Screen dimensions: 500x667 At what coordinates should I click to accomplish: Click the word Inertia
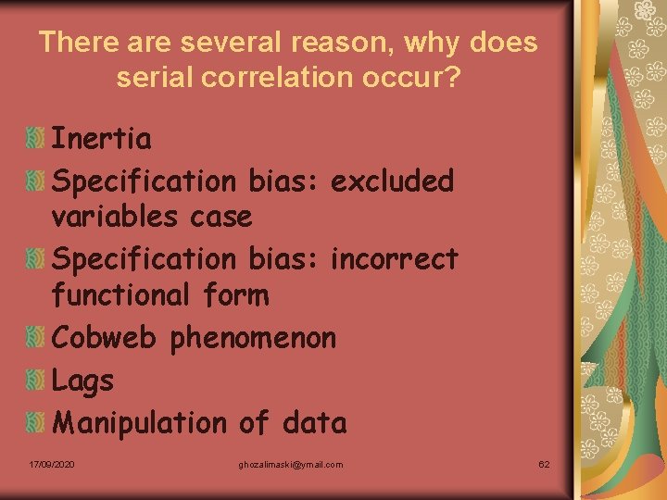tap(101, 139)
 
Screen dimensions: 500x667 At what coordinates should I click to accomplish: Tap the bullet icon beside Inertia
tap(35, 140)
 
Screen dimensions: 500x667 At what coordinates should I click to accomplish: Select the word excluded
tap(392, 181)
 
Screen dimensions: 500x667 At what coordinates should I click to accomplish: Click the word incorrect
tap(394, 258)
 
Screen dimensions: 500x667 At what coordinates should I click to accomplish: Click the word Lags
tap(82, 381)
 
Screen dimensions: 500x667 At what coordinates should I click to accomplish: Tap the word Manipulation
tap(139, 423)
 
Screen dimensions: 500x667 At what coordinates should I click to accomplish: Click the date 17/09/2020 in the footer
tap(52, 464)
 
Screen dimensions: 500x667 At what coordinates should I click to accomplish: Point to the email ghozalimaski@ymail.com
tap(290, 464)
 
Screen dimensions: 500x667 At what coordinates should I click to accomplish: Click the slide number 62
tap(545, 464)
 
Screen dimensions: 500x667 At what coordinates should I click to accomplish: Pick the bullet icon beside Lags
tap(35, 380)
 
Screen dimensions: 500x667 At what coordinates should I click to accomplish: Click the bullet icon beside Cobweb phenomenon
tap(35, 338)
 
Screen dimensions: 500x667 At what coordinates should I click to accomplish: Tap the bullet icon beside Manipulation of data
tap(35, 422)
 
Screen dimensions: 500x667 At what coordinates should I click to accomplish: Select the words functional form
tap(159, 296)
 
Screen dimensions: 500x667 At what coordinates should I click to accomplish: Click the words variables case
tap(151, 218)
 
